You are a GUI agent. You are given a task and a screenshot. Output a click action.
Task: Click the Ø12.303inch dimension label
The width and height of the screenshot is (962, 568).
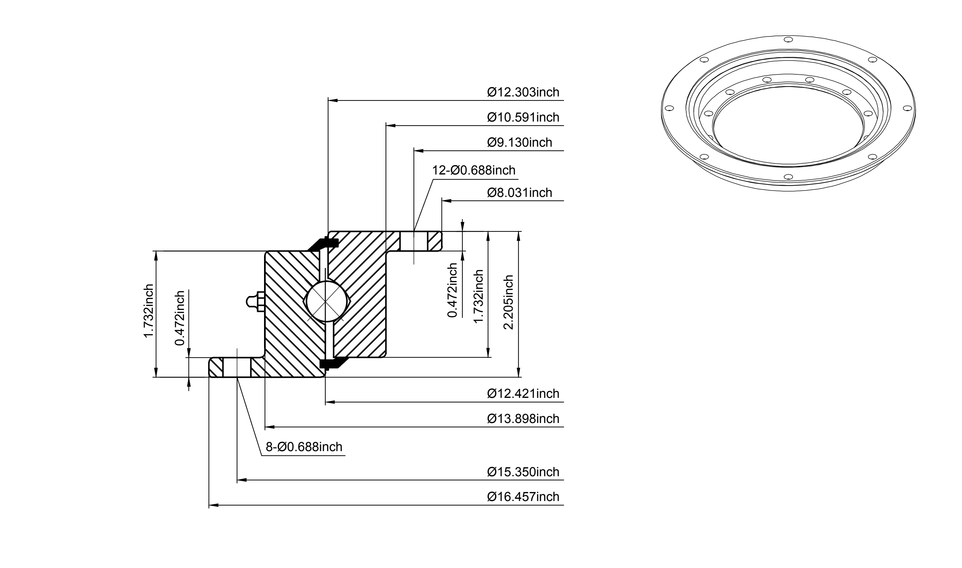click(523, 92)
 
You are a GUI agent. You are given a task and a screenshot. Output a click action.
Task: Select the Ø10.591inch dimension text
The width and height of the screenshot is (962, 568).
click(523, 117)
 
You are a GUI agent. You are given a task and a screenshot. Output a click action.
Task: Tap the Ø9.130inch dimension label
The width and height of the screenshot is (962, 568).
click(520, 142)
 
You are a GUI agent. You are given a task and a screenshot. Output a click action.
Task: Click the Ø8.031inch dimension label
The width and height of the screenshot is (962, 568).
click(520, 193)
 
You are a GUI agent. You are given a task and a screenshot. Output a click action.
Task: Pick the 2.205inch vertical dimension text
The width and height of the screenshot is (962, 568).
click(509, 302)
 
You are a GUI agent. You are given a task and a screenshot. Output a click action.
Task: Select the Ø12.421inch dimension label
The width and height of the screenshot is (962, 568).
click(523, 394)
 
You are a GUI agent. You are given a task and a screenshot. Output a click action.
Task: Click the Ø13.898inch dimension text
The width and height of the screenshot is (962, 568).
click(523, 419)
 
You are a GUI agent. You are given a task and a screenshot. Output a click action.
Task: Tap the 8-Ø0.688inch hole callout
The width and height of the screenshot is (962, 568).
click(304, 447)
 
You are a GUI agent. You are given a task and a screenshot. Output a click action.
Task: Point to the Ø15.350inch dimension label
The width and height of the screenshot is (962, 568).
click(523, 472)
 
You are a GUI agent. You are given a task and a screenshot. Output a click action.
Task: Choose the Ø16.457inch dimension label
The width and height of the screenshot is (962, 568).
click(523, 497)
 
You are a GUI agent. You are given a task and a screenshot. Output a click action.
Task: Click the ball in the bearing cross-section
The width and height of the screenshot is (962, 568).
click(325, 302)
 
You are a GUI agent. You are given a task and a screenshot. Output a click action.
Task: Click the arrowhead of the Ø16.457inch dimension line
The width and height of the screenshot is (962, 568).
click(214, 505)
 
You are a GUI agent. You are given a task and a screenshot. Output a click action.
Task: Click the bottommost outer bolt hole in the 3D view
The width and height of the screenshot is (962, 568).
click(788, 177)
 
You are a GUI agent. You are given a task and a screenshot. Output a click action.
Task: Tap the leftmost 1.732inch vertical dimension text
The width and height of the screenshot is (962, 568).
click(148, 311)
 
